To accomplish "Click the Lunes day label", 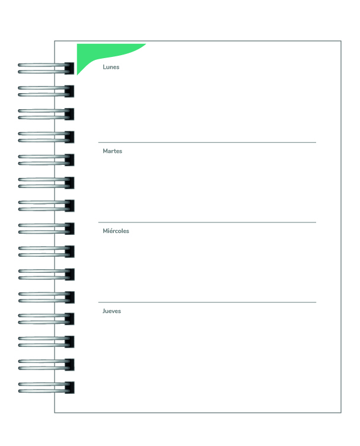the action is [x=111, y=67].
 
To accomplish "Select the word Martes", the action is [x=112, y=151].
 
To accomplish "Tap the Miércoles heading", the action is [x=116, y=231].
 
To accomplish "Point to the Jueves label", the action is [x=111, y=311].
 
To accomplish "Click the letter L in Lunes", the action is [x=104, y=67].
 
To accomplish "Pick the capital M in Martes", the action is [x=105, y=151].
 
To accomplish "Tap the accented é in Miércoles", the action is [x=111, y=231].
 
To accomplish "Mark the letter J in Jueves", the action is [x=104, y=311].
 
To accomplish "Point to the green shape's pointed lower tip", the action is [x=77, y=75].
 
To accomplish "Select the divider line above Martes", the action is [x=207, y=142].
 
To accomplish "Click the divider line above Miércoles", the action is [x=207, y=222].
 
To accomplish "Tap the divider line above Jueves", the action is [x=207, y=302].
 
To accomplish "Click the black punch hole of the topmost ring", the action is [x=69, y=68].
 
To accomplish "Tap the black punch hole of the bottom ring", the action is [x=69, y=388].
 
